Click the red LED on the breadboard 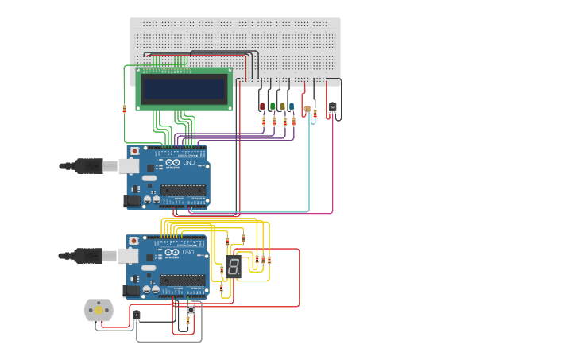tap(262, 106)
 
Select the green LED tap(273, 106)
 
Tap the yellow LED tap(282, 106)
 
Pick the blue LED tap(292, 106)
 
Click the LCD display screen tap(184, 88)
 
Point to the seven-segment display tap(234, 267)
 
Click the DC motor tap(99, 310)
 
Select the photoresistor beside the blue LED tap(307, 110)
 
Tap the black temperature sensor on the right tap(332, 106)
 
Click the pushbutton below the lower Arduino tap(191, 309)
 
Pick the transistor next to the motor tap(137, 315)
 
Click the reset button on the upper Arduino tap(134, 151)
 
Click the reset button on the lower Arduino tap(134, 240)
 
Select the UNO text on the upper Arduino tap(189, 163)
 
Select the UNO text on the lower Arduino tap(189, 252)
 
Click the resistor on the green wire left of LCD tap(124, 109)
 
